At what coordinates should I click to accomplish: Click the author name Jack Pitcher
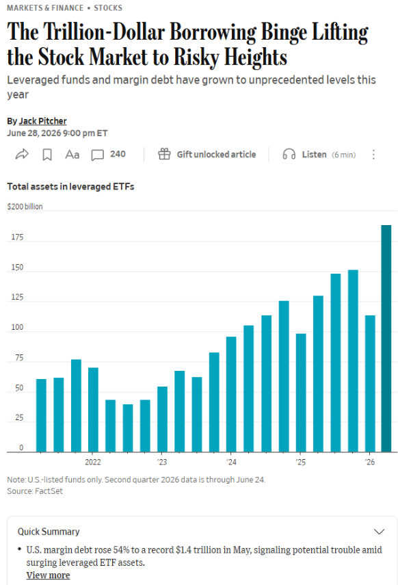(x=42, y=121)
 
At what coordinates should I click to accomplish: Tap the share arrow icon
(x=22, y=155)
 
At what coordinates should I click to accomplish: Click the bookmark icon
(x=47, y=155)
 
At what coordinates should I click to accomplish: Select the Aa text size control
(x=72, y=155)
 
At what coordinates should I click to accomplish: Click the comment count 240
(x=118, y=154)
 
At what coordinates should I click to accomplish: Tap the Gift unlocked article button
(x=207, y=155)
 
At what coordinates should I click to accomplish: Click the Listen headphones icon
(x=289, y=155)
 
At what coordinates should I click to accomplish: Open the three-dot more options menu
(x=373, y=155)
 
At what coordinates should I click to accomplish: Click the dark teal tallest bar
(x=386, y=339)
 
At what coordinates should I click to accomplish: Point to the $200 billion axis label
(x=25, y=207)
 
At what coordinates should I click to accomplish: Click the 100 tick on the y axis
(x=17, y=327)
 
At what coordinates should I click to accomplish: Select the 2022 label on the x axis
(x=93, y=462)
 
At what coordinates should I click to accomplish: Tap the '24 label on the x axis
(x=231, y=462)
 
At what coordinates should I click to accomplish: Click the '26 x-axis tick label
(x=370, y=462)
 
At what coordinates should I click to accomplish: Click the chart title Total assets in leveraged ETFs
(x=70, y=187)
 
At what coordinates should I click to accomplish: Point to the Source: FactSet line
(x=35, y=491)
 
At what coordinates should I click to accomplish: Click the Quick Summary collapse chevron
(x=379, y=532)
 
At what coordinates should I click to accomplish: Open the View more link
(x=48, y=575)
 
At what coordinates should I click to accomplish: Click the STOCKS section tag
(x=108, y=8)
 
